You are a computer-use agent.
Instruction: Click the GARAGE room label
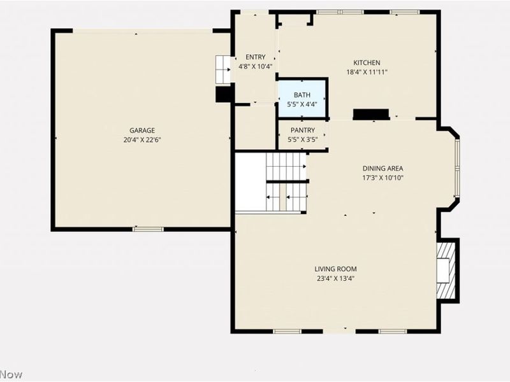pos(142,131)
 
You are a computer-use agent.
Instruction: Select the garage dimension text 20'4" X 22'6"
pos(142,140)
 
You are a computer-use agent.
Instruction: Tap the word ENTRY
pos(256,57)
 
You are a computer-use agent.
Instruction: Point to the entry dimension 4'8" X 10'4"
pos(256,67)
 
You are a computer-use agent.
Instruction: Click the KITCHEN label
pos(367,62)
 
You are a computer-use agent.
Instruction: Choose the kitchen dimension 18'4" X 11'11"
pos(367,72)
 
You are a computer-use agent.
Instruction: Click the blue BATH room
pos(302,98)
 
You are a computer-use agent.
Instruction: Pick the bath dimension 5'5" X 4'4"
pos(302,104)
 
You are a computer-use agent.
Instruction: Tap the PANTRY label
pos(302,131)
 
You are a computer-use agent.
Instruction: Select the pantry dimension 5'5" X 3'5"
pos(302,139)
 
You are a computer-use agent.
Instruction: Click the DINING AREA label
pos(383,168)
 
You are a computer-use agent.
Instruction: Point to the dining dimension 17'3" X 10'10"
pos(383,178)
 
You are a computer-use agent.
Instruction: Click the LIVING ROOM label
pos(335,269)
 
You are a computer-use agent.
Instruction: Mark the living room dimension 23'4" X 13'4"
pos(335,278)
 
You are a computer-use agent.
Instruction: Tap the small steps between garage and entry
pos(223,69)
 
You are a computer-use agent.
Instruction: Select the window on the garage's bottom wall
pos(148,229)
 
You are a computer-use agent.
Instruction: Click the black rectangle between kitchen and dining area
pos(371,115)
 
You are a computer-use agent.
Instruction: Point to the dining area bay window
pos(457,168)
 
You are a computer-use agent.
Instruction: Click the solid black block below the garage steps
pos(224,94)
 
